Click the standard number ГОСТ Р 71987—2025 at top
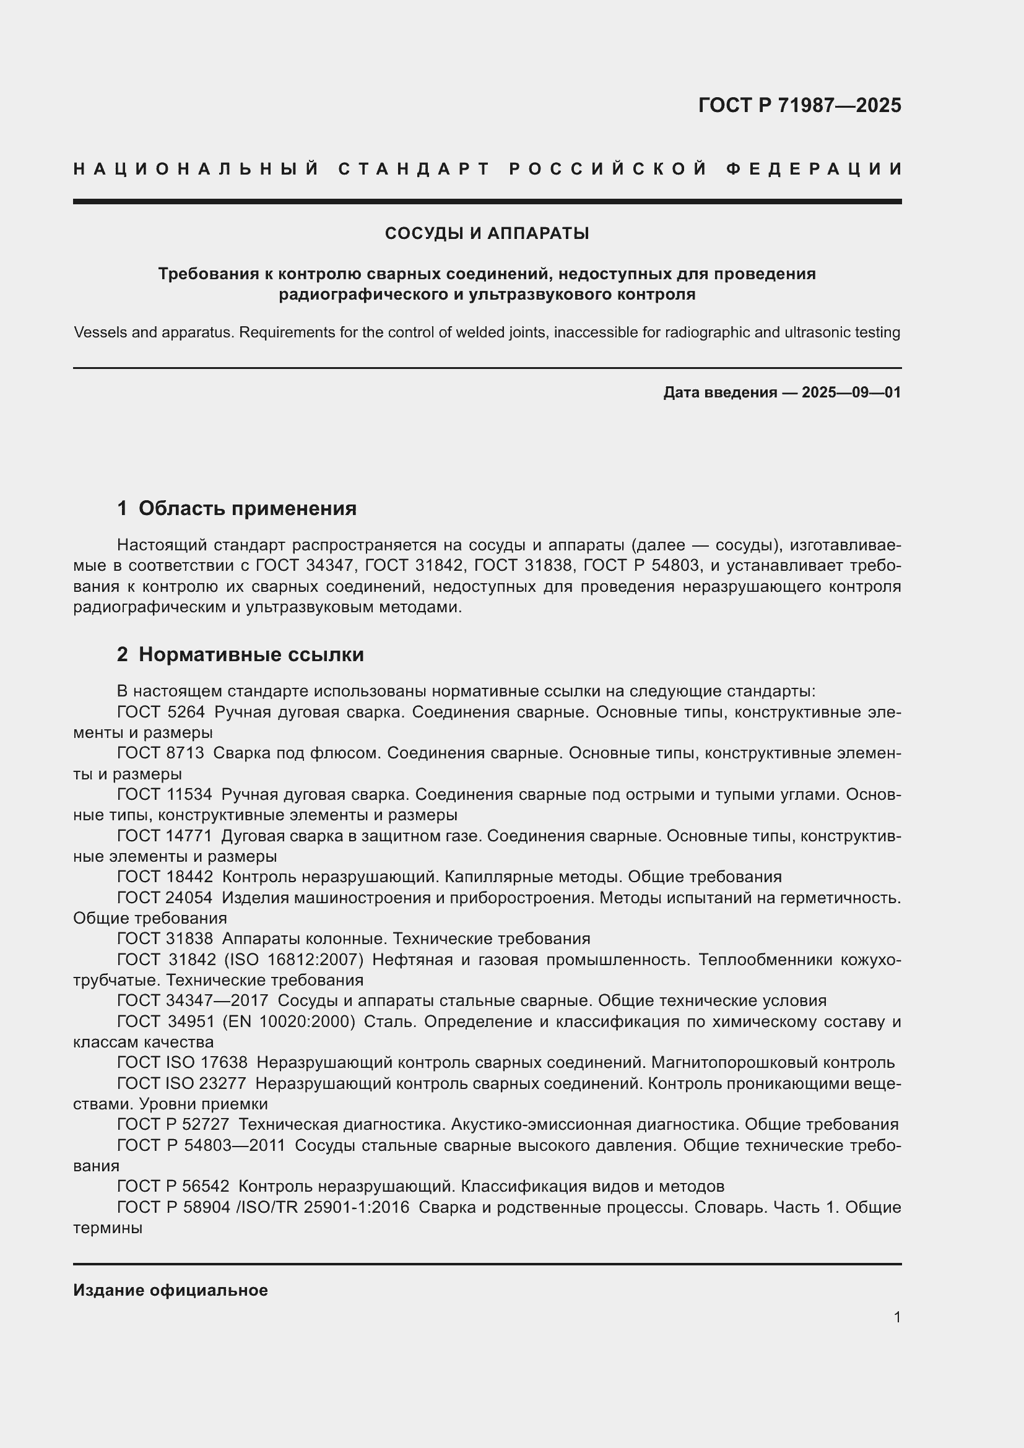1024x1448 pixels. (799, 105)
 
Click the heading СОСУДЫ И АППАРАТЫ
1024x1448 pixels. (487, 233)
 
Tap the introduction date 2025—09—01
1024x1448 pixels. (851, 392)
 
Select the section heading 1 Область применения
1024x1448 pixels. (236, 508)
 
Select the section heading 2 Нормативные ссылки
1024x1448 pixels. (240, 654)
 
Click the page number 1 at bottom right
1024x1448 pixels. (896, 1317)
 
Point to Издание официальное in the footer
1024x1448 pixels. (170, 1290)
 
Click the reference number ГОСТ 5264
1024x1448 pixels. (161, 712)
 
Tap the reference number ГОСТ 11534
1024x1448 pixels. (165, 794)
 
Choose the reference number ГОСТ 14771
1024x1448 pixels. (165, 836)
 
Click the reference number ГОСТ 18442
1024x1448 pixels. (165, 877)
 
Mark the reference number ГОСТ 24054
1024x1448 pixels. (165, 898)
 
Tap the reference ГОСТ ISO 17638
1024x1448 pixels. (182, 1062)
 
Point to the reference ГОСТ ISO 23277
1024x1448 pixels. (182, 1083)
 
